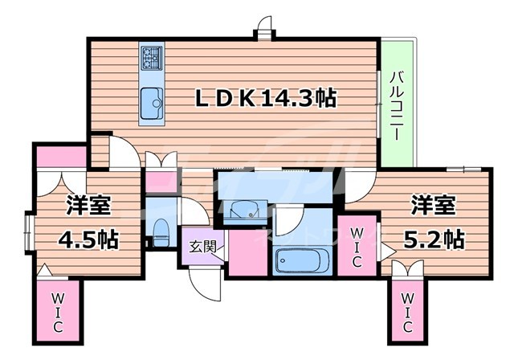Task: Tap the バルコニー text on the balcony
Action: pyautogui.click(x=396, y=105)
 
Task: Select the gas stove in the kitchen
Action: pyautogui.click(x=151, y=57)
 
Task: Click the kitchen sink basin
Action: pyautogui.click(x=151, y=102)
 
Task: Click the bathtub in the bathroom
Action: pyautogui.click(x=300, y=261)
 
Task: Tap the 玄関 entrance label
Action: pyautogui.click(x=202, y=247)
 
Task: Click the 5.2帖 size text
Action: pyautogui.click(x=432, y=238)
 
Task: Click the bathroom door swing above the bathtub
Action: pyautogui.click(x=292, y=220)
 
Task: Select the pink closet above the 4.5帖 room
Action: pyautogui.click(x=60, y=156)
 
